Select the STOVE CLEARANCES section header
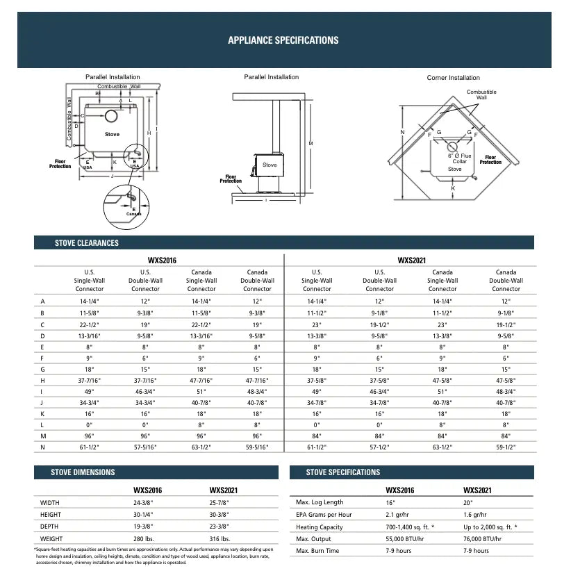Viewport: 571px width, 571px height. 87,243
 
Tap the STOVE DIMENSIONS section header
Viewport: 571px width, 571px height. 83,472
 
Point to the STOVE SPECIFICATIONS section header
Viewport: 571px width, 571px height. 343,472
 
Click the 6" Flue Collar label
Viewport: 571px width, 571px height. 459,158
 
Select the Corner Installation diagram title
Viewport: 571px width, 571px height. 453,78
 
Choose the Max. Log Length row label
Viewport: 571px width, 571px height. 320,502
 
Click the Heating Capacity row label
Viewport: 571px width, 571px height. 320,527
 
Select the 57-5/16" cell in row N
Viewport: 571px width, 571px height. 145,447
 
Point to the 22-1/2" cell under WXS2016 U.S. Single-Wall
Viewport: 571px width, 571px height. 90,325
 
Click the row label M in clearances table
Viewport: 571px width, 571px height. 43,436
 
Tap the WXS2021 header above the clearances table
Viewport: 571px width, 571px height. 411,260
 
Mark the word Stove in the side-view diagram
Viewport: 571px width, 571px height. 270,165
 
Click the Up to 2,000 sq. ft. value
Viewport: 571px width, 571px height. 490,527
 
